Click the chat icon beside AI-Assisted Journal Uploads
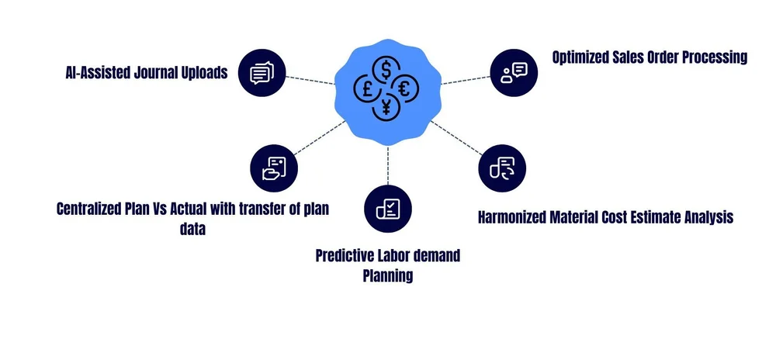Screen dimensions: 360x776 pyautogui.click(x=262, y=74)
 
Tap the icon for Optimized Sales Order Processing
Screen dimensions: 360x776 pyautogui.click(x=513, y=72)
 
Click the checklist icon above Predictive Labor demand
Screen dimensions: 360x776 pyautogui.click(x=387, y=208)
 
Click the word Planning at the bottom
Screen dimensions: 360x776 pyautogui.click(x=387, y=275)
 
